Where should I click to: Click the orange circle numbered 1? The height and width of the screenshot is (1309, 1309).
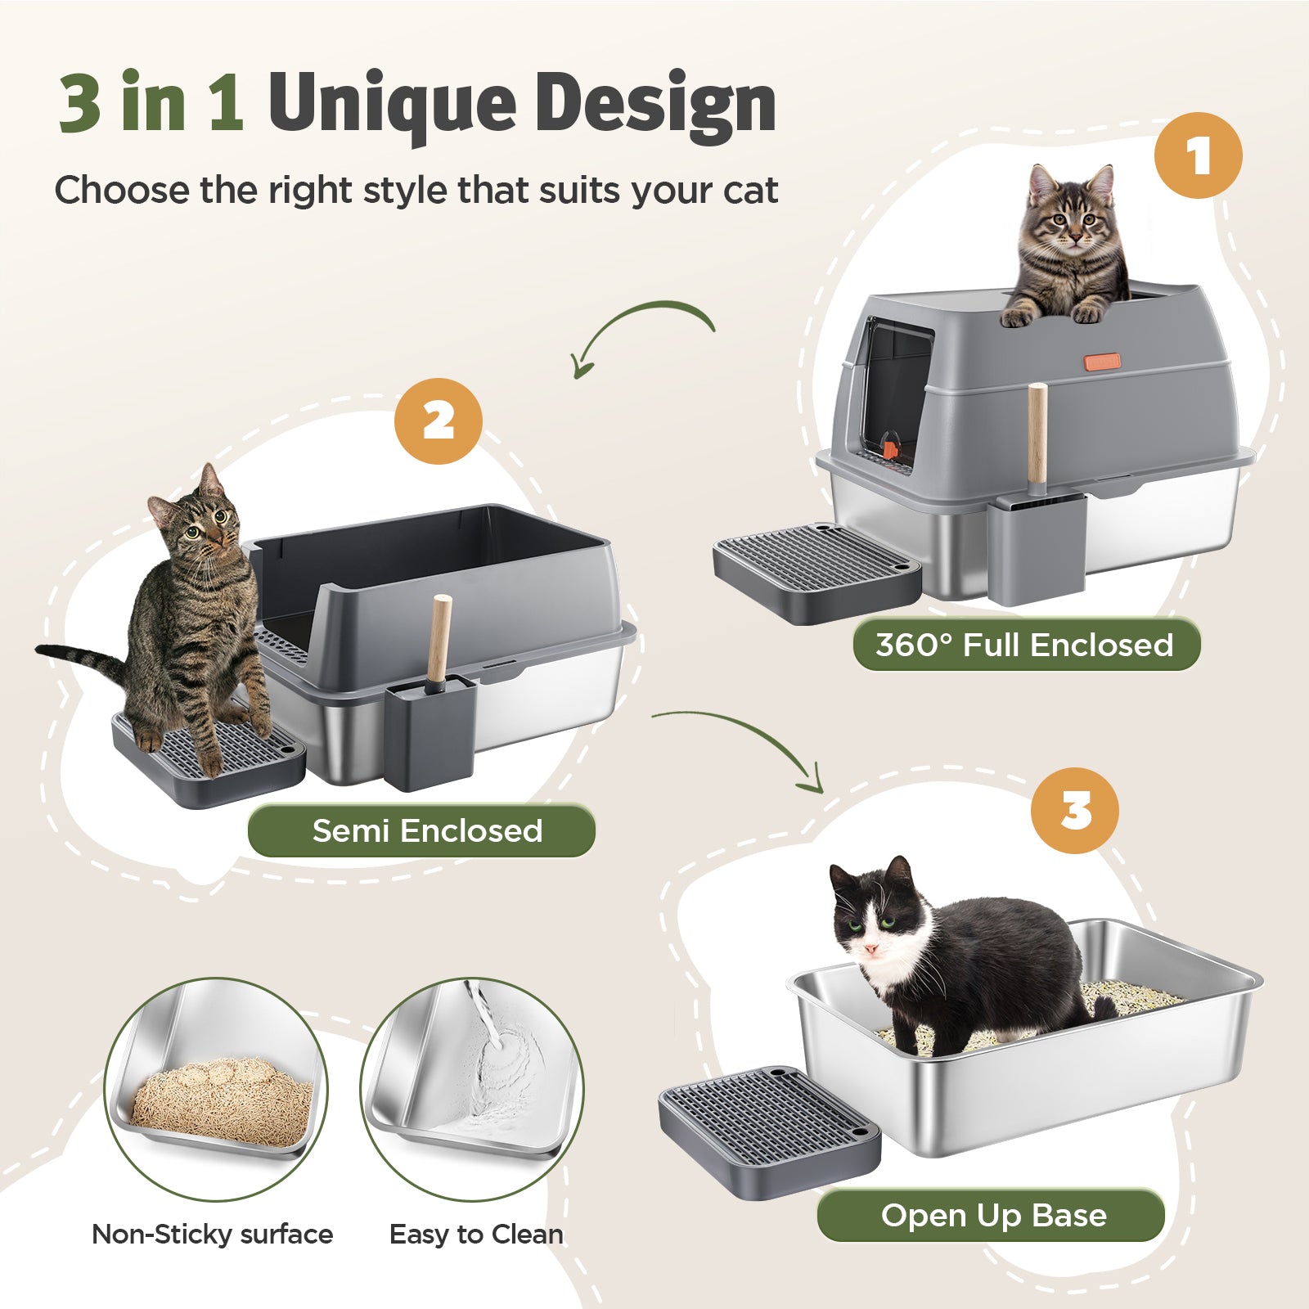[x=1198, y=155]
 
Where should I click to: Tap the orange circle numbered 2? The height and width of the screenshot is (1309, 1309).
[x=439, y=421]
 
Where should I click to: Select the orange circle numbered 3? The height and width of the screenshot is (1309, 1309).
[x=1074, y=811]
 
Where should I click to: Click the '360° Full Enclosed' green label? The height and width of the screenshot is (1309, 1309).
[x=1026, y=645]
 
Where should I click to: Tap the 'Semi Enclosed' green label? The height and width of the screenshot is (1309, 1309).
[x=421, y=830]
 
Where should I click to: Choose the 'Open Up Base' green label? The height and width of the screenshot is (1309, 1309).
[x=991, y=1215]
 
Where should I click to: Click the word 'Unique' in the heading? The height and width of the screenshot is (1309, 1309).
[x=391, y=104]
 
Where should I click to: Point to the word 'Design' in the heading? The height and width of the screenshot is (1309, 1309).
[x=655, y=104]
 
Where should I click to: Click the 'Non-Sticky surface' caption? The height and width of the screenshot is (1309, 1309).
[x=213, y=1234]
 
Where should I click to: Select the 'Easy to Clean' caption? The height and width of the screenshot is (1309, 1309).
[x=476, y=1234]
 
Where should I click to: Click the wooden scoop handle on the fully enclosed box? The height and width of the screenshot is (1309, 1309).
[x=1037, y=434]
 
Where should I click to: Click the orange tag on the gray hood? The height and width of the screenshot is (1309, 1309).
[x=1103, y=362]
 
